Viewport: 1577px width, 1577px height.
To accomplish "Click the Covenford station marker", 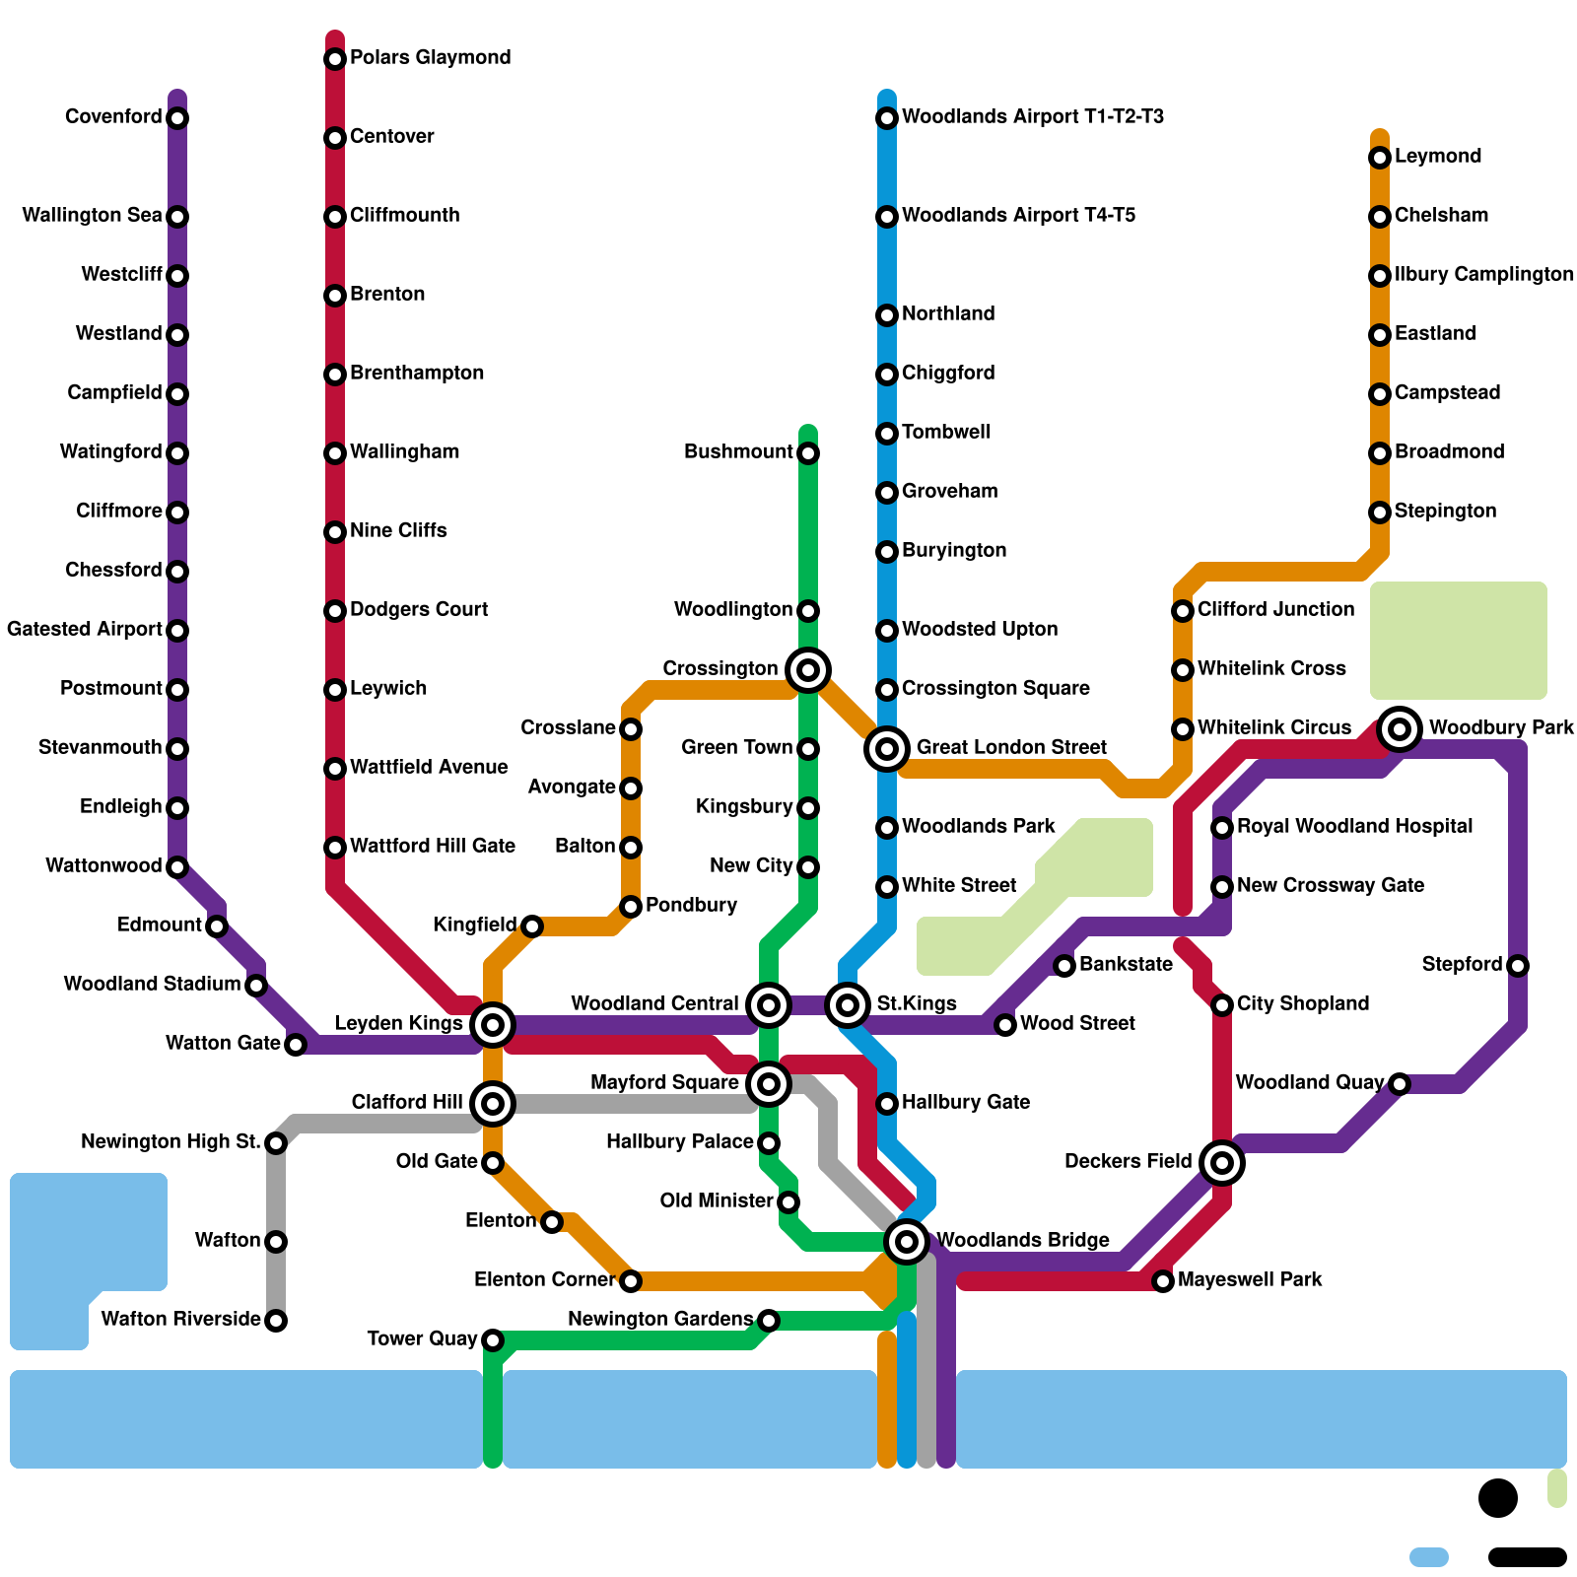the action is pos(177,118).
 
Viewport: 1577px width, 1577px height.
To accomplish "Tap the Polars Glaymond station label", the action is pos(430,57).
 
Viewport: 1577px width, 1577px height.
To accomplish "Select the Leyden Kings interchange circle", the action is pos(493,1025).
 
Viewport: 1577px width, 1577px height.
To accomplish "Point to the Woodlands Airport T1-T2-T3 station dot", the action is pos(887,118).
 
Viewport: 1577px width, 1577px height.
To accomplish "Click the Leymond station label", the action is pos(1437,156).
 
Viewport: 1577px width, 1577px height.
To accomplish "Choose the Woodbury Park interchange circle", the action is pos(1400,729).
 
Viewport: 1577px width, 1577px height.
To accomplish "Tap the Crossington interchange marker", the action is pos(808,670).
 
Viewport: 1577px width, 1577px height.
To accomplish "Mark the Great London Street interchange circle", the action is pos(887,749).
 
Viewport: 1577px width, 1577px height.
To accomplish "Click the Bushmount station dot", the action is pos(808,453).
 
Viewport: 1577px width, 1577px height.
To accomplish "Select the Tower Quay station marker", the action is pos(493,1340).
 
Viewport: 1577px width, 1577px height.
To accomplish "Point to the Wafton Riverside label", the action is pos(180,1319).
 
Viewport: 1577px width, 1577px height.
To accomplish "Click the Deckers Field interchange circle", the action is pos(1222,1163).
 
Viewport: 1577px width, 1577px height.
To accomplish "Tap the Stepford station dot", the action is pos(1518,966).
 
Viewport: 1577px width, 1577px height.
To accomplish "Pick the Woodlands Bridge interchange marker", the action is pos(907,1242).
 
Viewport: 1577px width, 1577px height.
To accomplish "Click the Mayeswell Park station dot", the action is pos(1163,1281).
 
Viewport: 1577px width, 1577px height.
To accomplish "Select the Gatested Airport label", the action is pos(85,629).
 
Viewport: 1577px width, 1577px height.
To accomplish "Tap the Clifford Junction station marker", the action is pos(1183,611).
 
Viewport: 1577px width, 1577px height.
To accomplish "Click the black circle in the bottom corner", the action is pos(1498,1498).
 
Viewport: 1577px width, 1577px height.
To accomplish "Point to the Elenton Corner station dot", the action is pos(631,1281).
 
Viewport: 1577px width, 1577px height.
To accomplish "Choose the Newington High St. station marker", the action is pos(276,1143).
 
